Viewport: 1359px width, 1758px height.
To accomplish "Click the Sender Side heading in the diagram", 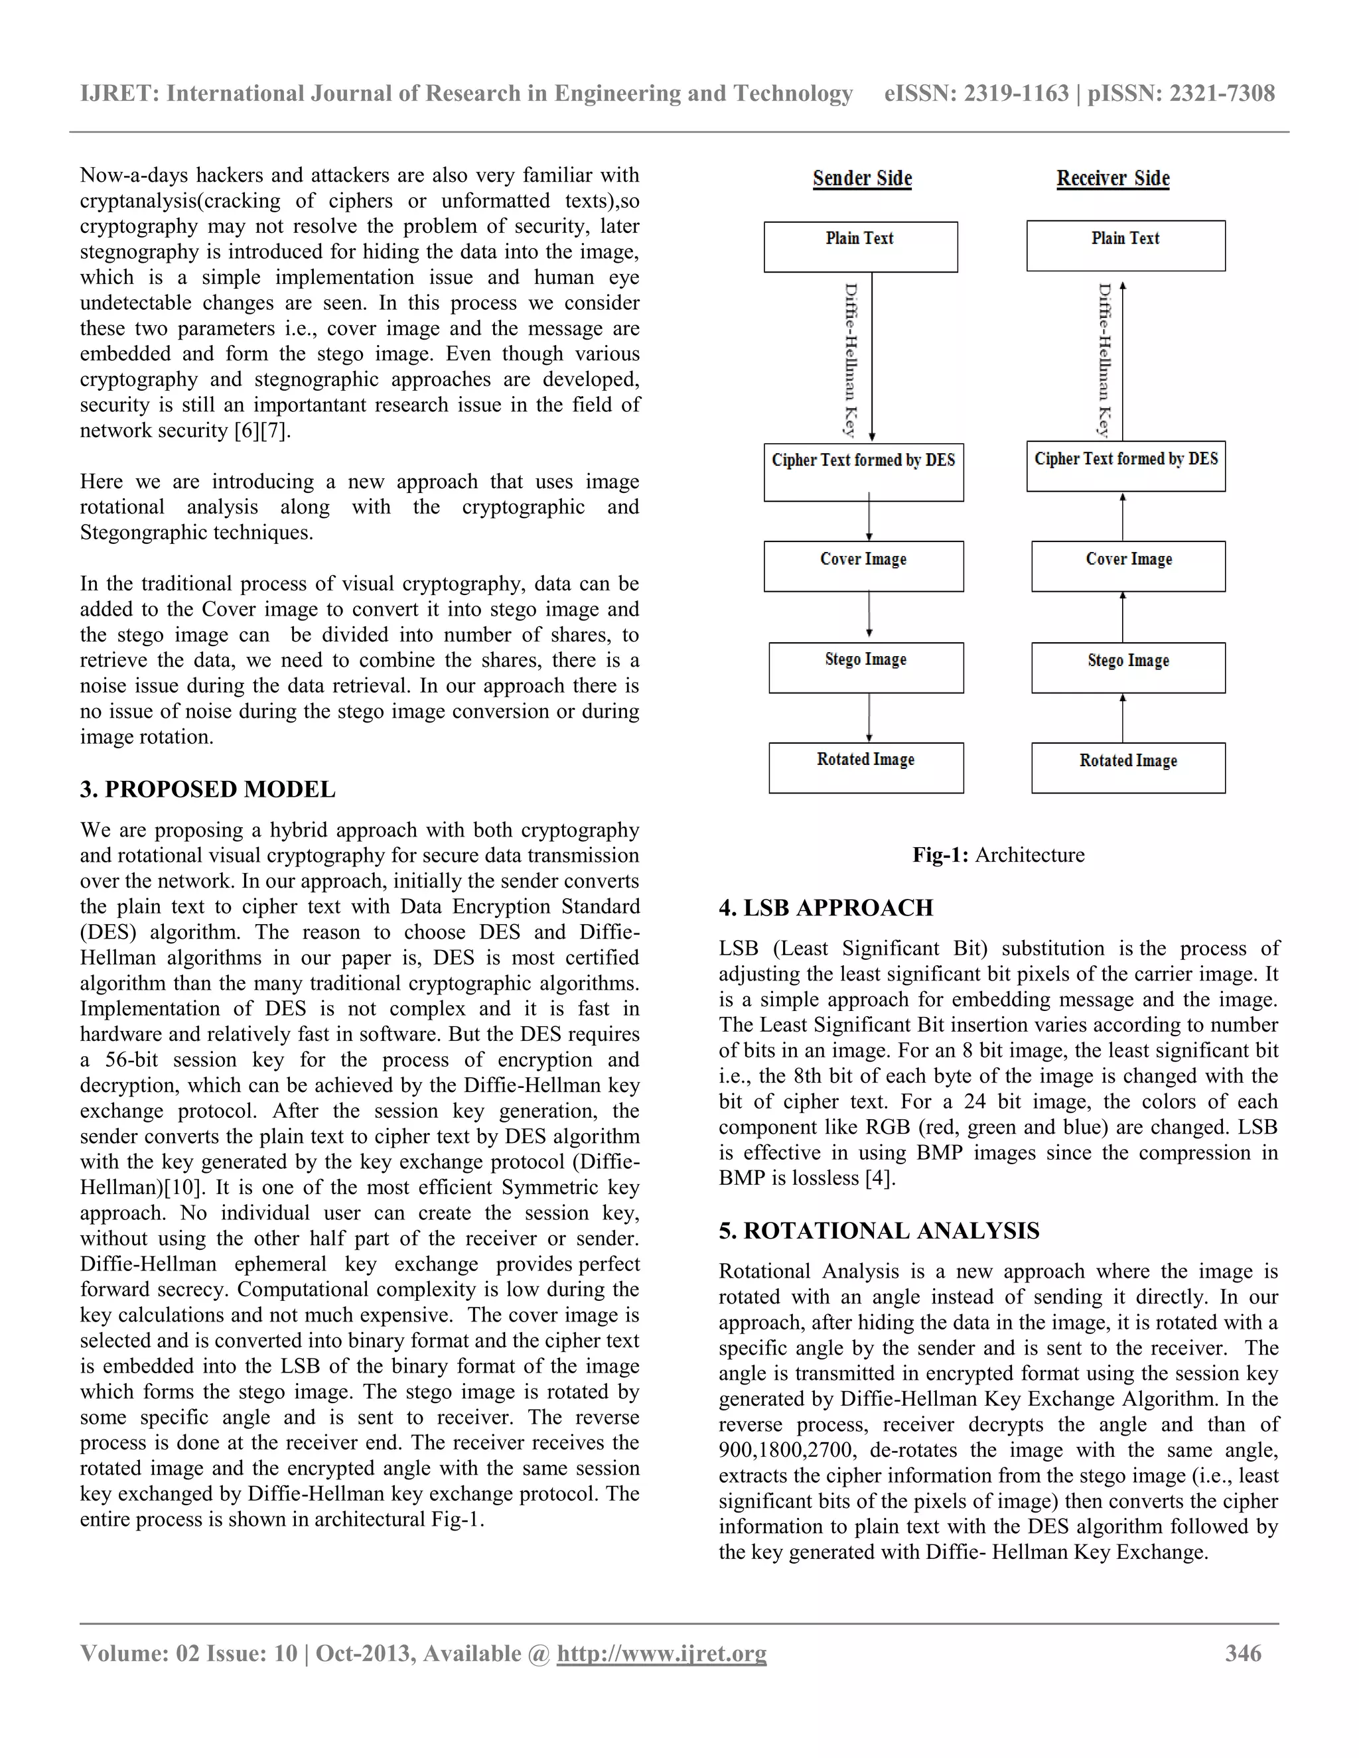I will (x=862, y=178).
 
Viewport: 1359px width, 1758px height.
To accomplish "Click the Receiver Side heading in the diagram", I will (x=1113, y=178).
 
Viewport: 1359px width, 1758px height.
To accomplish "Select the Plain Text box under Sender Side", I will (x=861, y=246).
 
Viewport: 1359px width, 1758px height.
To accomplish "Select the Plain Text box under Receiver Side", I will (x=1125, y=245).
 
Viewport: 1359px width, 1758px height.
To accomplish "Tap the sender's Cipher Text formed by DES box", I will (x=863, y=472).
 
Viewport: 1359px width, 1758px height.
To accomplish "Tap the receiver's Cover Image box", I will (x=1128, y=566).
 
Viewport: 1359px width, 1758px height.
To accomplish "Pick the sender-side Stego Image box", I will (x=865, y=667).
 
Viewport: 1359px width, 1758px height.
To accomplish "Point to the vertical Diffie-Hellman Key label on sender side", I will (x=851, y=359).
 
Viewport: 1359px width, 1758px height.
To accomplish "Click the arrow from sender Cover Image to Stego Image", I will (x=869, y=616).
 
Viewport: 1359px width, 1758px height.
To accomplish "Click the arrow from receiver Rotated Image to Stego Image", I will (x=1122, y=717).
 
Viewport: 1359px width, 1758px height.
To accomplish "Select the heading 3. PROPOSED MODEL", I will (x=208, y=789).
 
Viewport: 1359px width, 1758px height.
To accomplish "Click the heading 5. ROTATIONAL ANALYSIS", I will (x=879, y=1230).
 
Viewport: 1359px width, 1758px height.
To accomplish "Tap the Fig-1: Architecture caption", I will (x=997, y=855).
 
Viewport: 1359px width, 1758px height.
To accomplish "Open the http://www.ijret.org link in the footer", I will (x=661, y=1653).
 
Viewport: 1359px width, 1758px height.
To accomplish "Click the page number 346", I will (x=1243, y=1653).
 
